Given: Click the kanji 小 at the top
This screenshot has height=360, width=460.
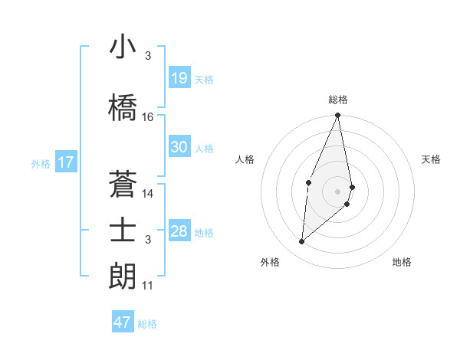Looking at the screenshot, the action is tap(123, 47).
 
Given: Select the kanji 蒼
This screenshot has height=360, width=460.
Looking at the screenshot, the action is tap(123, 184).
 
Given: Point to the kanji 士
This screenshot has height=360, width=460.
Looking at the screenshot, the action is tap(123, 231).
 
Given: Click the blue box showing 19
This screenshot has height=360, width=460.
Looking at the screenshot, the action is tap(179, 78).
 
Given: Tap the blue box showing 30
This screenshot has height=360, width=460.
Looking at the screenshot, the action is tap(179, 147).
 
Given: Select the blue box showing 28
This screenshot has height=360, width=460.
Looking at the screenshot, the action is tap(179, 231).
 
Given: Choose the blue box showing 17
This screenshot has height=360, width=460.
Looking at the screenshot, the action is tap(65, 162).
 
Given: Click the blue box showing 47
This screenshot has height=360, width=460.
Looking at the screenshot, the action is tap(123, 322).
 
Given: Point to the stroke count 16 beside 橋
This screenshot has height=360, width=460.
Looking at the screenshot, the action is tap(148, 117).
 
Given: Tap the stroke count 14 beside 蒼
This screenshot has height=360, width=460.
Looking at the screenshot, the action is tap(148, 194).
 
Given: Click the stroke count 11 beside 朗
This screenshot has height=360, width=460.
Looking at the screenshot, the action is tap(148, 286).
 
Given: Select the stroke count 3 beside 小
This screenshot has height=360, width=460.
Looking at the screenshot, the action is tap(148, 56).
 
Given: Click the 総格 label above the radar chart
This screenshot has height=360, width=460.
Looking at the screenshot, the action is tap(337, 100).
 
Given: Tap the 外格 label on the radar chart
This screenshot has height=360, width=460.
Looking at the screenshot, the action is tap(270, 262).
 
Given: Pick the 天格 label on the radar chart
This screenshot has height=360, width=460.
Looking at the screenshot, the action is tap(431, 159).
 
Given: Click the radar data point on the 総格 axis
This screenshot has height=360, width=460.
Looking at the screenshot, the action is tap(337, 116).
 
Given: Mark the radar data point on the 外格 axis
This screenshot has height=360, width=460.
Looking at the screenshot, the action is tap(302, 241).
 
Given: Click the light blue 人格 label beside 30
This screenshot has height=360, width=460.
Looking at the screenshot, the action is tap(204, 148).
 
